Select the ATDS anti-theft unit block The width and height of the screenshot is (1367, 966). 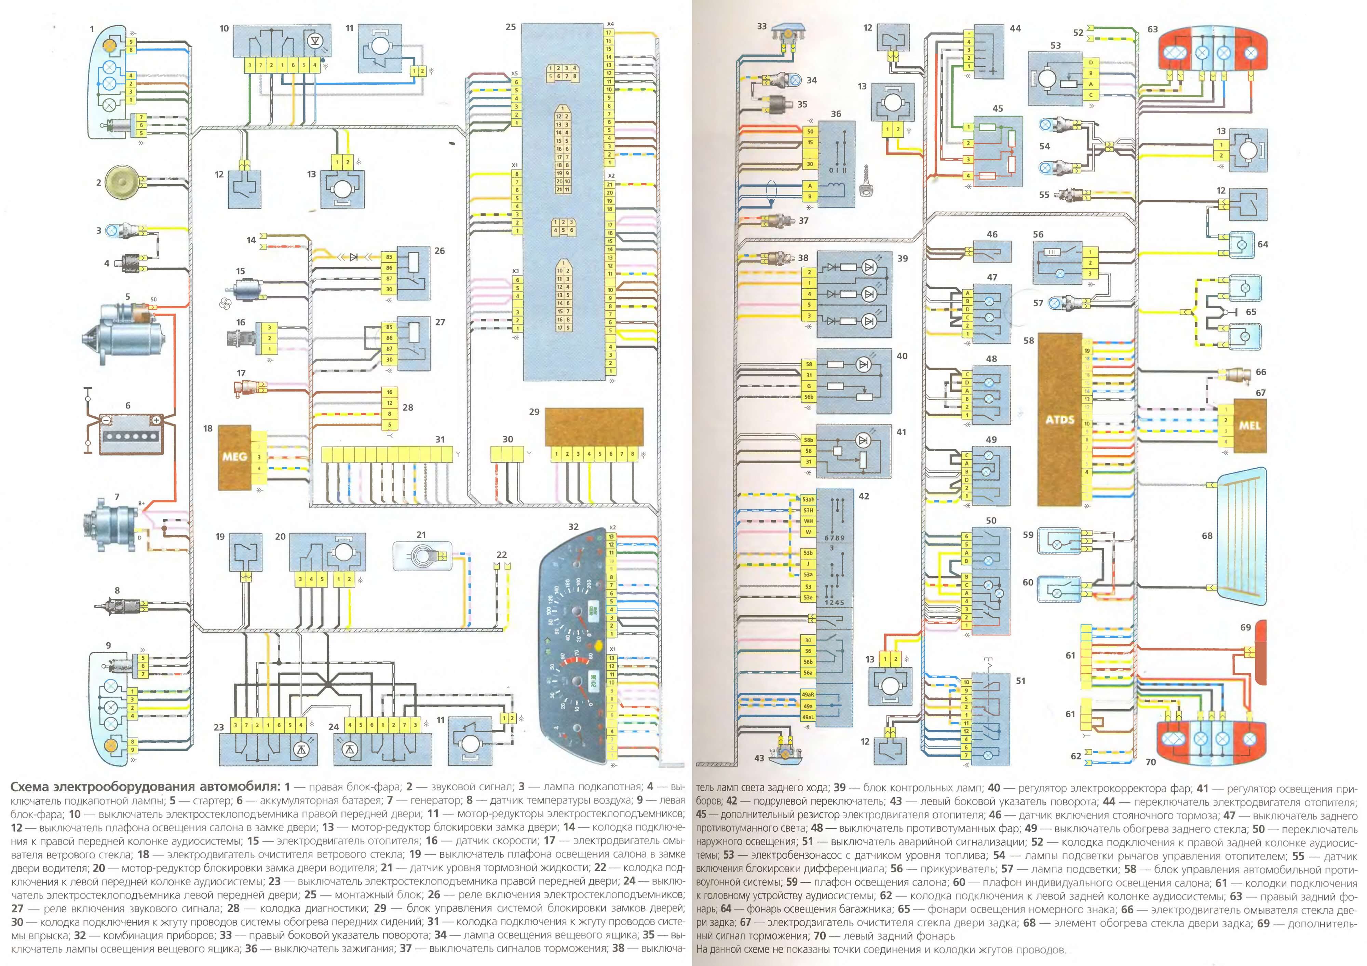[x=1059, y=419]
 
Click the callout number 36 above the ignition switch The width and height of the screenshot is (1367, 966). [x=836, y=114]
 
